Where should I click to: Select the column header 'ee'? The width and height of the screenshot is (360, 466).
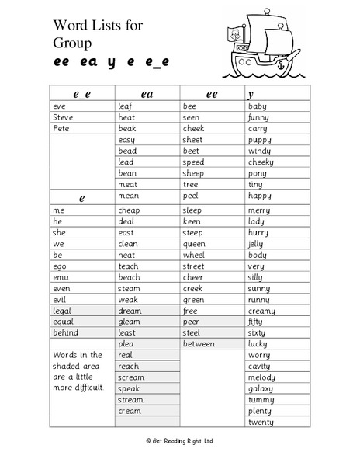click(211, 93)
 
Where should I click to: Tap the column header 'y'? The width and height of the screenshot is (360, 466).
click(251, 93)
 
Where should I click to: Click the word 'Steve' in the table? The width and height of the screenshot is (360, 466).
click(63, 117)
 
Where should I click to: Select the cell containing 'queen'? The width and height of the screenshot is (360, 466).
click(194, 243)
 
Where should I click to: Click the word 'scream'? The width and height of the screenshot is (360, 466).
click(131, 377)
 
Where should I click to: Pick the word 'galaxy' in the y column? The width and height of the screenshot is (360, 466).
click(261, 388)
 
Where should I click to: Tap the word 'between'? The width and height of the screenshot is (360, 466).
click(199, 343)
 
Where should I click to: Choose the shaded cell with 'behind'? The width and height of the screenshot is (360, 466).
click(65, 332)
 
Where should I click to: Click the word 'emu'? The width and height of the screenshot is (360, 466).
click(61, 277)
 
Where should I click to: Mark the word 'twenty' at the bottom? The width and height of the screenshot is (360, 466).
click(261, 423)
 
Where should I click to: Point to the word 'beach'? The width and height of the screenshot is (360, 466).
click(129, 277)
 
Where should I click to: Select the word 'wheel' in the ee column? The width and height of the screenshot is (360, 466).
click(194, 255)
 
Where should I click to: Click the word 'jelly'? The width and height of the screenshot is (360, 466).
click(257, 243)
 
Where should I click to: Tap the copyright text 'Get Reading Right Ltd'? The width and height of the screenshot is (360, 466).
click(181, 441)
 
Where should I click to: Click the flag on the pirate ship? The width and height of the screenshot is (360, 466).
click(233, 34)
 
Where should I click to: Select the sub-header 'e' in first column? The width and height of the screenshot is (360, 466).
click(81, 198)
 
